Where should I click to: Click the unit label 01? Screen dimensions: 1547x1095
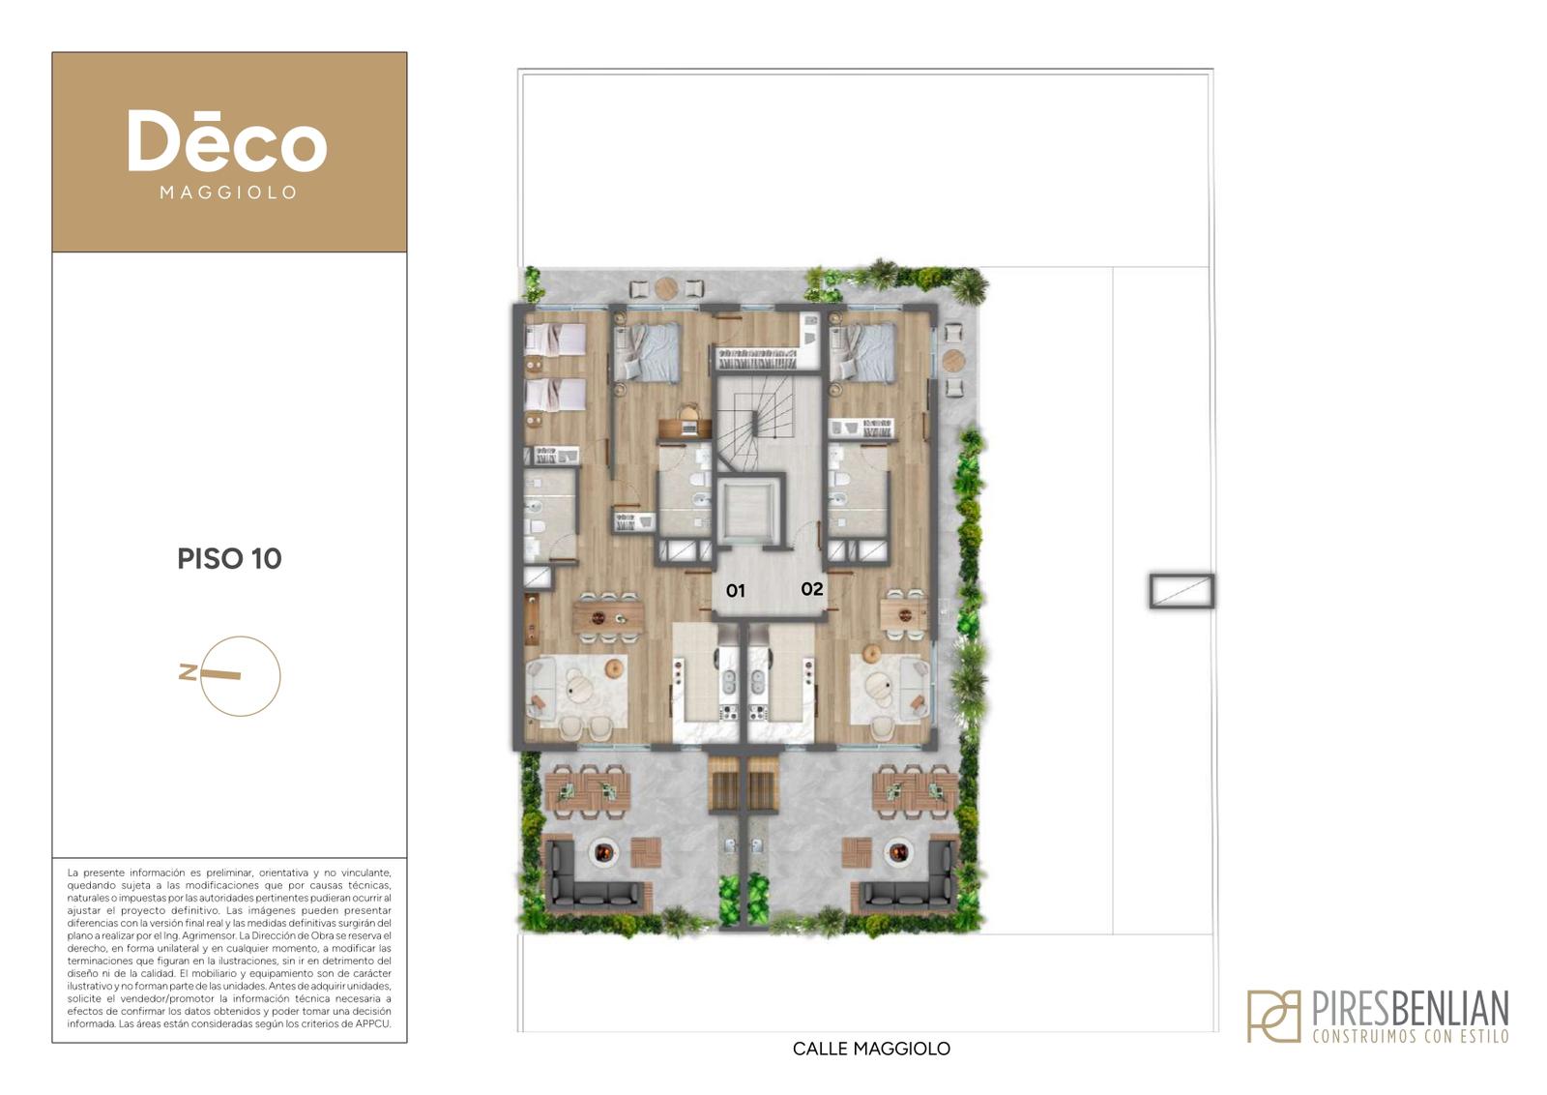point(735,591)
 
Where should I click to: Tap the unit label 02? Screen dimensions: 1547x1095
point(811,589)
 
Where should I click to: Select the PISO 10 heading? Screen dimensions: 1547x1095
point(229,559)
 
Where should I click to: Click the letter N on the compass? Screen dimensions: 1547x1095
point(188,671)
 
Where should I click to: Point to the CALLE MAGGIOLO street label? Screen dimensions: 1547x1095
point(871,1049)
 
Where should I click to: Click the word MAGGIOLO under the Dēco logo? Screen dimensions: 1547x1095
point(228,192)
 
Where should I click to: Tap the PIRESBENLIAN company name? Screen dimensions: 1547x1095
point(1411,1009)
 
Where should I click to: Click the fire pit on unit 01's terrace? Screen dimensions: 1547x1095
point(603,852)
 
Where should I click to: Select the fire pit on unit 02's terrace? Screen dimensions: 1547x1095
point(898,852)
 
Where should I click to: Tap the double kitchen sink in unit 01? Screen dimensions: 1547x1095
point(728,683)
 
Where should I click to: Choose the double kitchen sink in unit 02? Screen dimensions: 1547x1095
point(758,683)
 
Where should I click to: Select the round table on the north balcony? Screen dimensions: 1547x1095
point(666,288)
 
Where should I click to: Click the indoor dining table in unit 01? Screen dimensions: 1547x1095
point(608,617)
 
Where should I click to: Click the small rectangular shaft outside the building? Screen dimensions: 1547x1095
point(1182,591)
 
